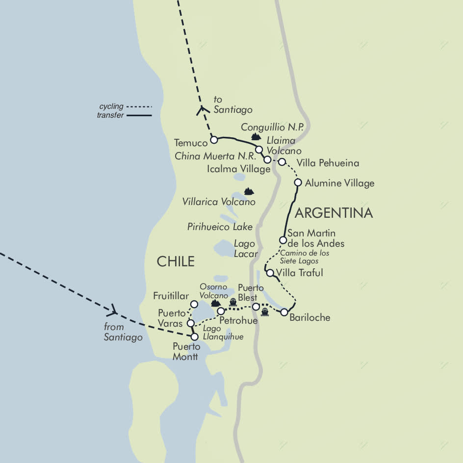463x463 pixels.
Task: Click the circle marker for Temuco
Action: click(x=214, y=140)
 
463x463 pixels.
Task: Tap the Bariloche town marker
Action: click(x=284, y=312)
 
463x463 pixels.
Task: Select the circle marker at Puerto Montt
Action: click(x=195, y=337)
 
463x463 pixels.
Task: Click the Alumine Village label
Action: click(x=339, y=183)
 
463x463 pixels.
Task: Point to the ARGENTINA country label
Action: click(x=334, y=213)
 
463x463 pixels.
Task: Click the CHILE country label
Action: click(x=176, y=261)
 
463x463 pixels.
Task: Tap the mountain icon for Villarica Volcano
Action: click(x=249, y=190)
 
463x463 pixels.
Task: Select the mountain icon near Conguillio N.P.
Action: click(x=255, y=136)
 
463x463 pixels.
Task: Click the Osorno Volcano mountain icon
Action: click(x=215, y=304)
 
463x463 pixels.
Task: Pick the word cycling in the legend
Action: click(x=111, y=106)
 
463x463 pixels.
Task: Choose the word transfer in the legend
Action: click(x=110, y=116)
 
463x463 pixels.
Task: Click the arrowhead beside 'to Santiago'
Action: click(x=201, y=110)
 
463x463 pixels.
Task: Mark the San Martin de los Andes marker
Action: click(x=283, y=240)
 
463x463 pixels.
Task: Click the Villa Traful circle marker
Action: click(x=270, y=273)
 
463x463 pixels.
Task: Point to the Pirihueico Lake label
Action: click(x=220, y=227)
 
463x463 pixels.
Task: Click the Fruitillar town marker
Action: click(x=194, y=304)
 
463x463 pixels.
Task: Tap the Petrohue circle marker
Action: click(x=221, y=311)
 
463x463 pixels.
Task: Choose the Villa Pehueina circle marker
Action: click(x=282, y=162)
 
